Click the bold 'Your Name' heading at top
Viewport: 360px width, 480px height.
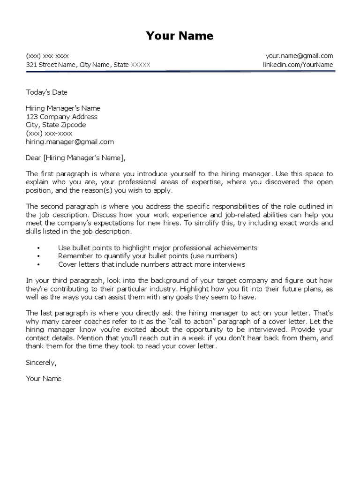coord(180,36)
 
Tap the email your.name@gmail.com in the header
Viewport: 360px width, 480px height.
coord(299,56)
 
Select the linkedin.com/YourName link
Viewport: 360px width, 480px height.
coord(298,65)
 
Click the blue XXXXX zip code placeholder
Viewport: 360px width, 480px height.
coord(140,65)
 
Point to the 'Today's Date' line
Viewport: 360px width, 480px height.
coord(47,92)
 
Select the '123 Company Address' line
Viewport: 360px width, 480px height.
coord(61,117)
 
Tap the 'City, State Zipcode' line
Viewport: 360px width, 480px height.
coord(56,125)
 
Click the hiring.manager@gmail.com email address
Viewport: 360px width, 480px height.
coord(70,142)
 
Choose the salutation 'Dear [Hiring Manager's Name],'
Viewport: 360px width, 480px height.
coord(76,157)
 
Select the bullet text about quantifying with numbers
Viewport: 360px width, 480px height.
coord(148,256)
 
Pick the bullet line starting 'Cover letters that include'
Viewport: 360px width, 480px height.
coord(151,264)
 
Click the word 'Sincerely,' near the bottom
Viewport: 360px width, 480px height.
coord(41,362)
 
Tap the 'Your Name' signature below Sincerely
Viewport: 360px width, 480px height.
coord(44,378)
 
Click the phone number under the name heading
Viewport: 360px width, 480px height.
coord(47,56)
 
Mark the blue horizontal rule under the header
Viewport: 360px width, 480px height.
coord(180,71)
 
